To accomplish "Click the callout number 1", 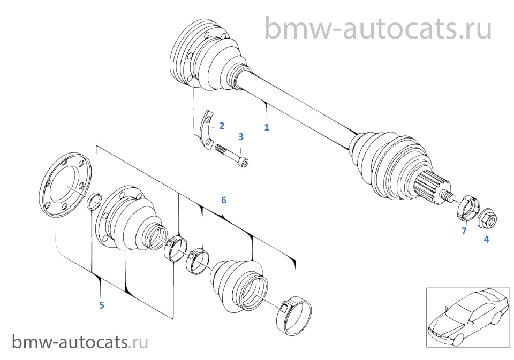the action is point(267,127).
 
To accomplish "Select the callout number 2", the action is point(222,126).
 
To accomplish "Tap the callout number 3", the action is point(241,136).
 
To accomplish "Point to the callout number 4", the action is point(487,240).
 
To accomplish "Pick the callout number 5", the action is point(102,305).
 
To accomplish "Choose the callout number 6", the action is point(224,200).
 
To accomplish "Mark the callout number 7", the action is point(464,231).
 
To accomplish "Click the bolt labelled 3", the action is point(232,157).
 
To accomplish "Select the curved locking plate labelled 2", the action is point(206,128).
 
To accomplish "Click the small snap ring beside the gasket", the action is point(94,201).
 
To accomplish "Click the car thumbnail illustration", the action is point(468,317).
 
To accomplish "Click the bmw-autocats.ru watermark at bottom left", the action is point(80,342).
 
